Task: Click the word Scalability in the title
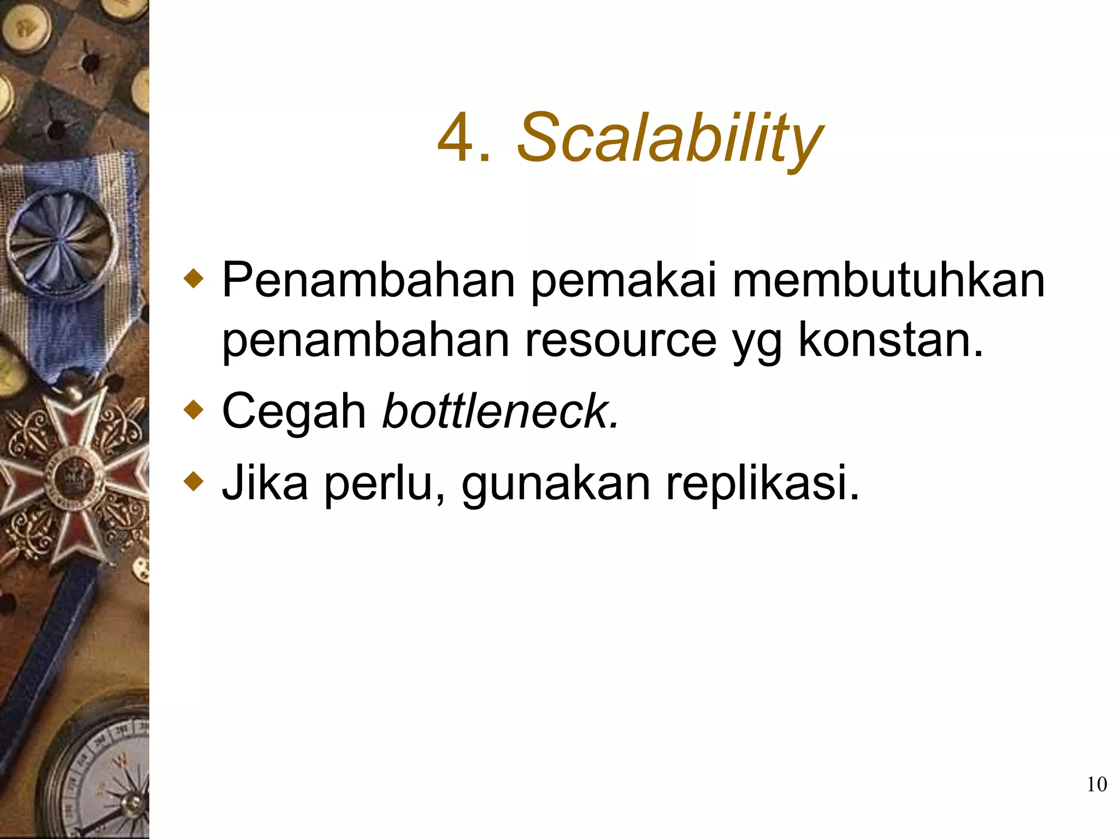[x=669, y=138]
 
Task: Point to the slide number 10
[x=1097, y=784]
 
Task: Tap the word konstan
[x=891, y=340]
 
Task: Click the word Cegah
[x=294, y=411]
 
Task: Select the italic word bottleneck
[x=500, y=411]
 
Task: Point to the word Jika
[x=265, y=482]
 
